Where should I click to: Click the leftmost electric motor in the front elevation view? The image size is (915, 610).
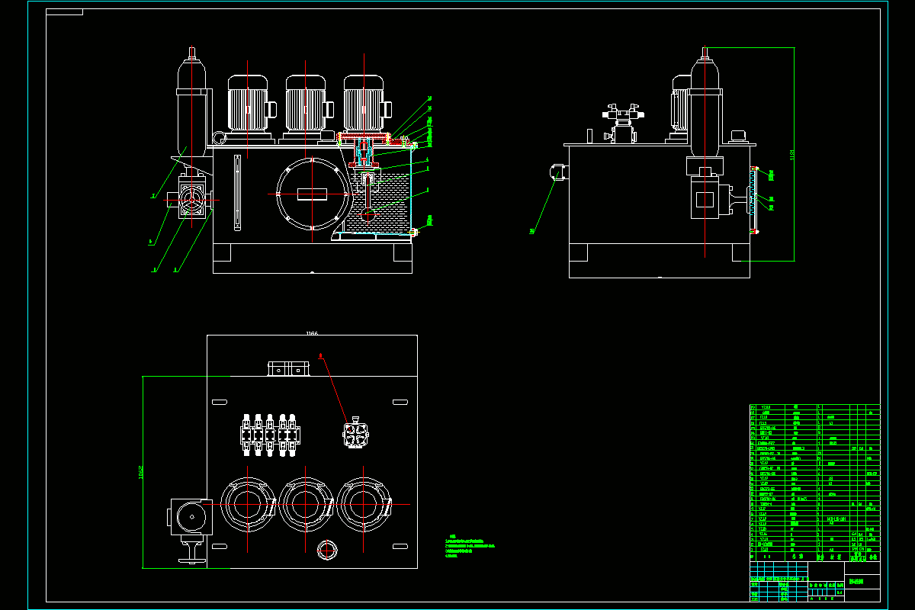(247, 107)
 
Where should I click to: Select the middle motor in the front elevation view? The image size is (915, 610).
(305, 107)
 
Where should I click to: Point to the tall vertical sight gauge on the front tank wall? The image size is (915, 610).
(237, 192)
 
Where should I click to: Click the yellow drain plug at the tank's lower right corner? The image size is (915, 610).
(413, 232)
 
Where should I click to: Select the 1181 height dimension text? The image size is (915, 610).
(792, 156)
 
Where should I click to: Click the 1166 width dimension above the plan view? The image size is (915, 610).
(311, 333)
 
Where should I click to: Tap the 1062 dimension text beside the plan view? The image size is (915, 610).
(141, 473)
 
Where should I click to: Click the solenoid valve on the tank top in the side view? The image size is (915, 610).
(624, 122)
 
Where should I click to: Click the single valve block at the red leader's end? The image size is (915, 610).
(356, 435)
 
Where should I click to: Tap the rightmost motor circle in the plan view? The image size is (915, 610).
(364, 505)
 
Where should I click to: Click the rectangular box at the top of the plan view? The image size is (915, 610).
(289, 369)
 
